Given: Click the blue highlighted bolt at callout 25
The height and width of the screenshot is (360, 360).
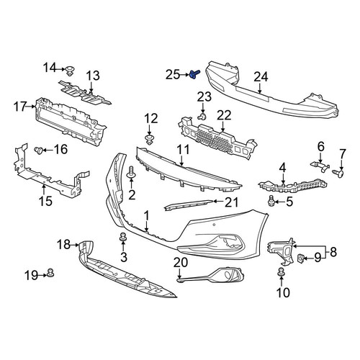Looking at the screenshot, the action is [194, 74].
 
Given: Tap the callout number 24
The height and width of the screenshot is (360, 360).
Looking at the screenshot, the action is [261, 77].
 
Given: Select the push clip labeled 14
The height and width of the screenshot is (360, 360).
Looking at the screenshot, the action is [70, 71].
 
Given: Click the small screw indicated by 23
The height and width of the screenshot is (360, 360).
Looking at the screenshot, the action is [202, 117].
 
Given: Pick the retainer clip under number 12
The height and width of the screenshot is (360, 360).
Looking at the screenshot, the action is [150, 140].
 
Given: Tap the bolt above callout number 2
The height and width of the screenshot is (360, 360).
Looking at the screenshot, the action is [131, 173].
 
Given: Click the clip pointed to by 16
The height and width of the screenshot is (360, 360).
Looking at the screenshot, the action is [38, 150].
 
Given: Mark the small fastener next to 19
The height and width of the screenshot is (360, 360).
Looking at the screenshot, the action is [50, 273].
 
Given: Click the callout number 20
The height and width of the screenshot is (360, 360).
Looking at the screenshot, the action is [181, 263].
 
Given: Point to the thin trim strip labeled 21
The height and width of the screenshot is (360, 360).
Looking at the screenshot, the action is [189, 204].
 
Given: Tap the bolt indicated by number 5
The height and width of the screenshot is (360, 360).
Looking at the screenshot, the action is [271, 201].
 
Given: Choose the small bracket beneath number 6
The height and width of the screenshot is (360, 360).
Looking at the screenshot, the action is [320, 166].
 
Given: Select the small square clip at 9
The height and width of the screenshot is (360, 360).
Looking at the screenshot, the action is [301, 258].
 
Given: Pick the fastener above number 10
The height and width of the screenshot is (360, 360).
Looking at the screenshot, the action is [281, 272].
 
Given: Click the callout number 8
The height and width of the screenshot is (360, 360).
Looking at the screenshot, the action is [333, 252].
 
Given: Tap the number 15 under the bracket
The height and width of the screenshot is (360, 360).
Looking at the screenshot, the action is [45, 201].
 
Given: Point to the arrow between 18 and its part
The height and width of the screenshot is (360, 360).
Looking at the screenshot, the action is [75, 245].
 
